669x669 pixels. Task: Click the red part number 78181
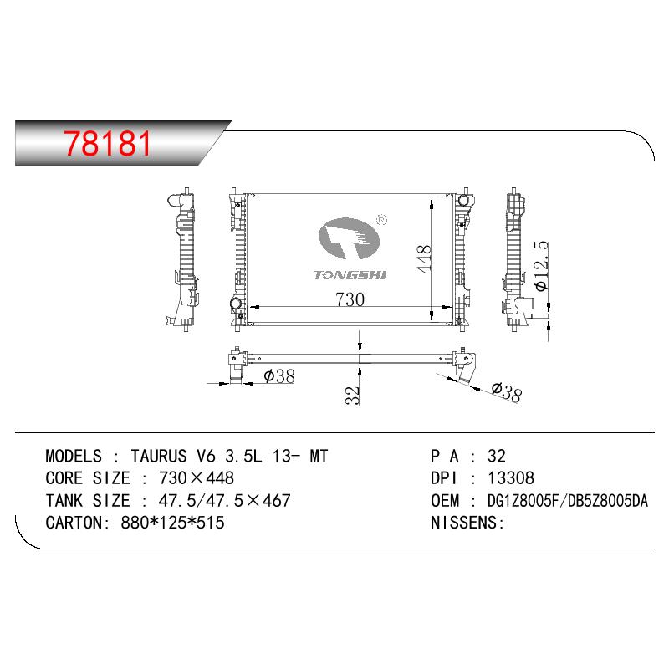coord(108,143)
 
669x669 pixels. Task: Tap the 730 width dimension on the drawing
coord(350,299)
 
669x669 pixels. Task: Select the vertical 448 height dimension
coord(424,258)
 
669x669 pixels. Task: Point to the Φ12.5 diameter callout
coord(541,266)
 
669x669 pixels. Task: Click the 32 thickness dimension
coord(353,395)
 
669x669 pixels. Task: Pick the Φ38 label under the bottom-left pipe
coord(279,375)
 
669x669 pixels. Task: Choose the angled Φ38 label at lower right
coord(507,392)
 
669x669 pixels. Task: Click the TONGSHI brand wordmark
coord(350,275)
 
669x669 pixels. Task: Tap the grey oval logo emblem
coord(349,237)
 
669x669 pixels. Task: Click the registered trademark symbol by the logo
coord(382,220)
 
